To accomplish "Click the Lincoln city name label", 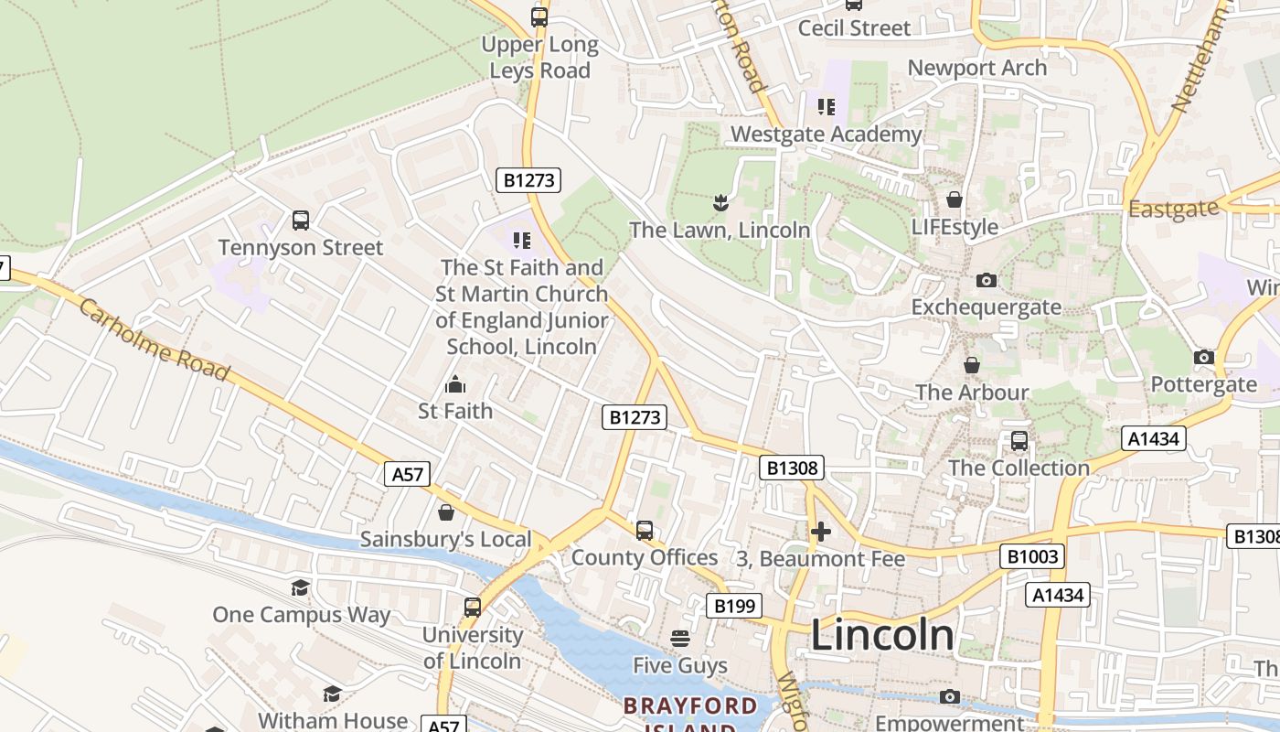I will pyautogui.click(x=882, y=635).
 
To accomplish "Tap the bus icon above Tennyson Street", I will pyautogui.click(x=301, y=221).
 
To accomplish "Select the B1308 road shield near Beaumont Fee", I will pyautogui.click(x=792, y=468).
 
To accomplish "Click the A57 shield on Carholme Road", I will pyautogui.click(x=408, y=474).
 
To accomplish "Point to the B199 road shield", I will pyautogui.click(x=734, y=606).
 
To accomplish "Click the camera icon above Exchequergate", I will pyautogui.click(x=986, y=280).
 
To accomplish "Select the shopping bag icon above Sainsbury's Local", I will pyautogui.click(x=445, y=512).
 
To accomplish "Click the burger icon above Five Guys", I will pyautogui.click(x=680, y=638).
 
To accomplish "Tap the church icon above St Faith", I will pyautogui.click(x=454, y=384).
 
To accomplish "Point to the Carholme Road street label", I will pyautogui.click(x=153, y=339).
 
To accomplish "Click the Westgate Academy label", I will pyautogui.click(x=826, y=135).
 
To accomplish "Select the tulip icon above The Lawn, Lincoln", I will pyautogui.click(x=720, y=202).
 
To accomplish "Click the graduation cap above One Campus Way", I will pyautogui.click(x=301, y=587).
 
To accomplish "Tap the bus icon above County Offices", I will pyautogui.click(x=645, y=531).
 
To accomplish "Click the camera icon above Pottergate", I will pyautogui.click(x=1203, y=357).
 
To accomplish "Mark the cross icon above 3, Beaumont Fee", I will pyautogui.click(x=821, y=531).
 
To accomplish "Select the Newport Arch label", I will pyautogui.click(x=976, y=68).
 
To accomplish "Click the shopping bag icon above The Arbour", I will pyautogui.click(x=972, y=365).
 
